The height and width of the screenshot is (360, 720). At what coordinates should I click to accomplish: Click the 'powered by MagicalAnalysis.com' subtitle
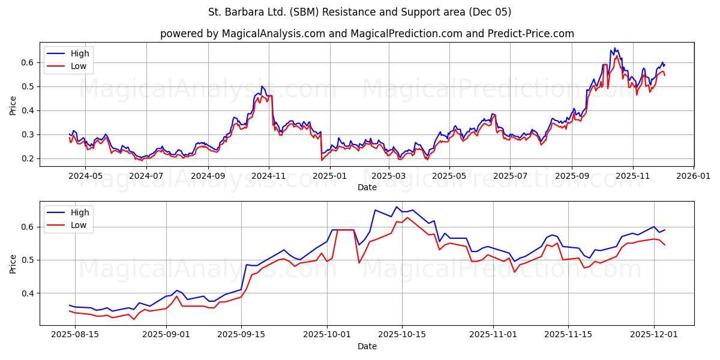tap(367, 34)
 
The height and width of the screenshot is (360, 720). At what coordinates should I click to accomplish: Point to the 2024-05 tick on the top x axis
tap(85, 176)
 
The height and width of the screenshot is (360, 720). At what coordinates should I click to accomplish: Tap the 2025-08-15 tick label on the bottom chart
tap(74, 335)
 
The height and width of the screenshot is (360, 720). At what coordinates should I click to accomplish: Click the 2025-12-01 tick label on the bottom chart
tap(653, 335)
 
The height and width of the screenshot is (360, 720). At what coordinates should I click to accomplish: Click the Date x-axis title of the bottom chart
tap(367, 346)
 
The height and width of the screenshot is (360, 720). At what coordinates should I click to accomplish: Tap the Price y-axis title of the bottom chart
tap(13, 263)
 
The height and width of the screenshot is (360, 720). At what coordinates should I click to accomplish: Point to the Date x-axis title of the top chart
tap(367, 187)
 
